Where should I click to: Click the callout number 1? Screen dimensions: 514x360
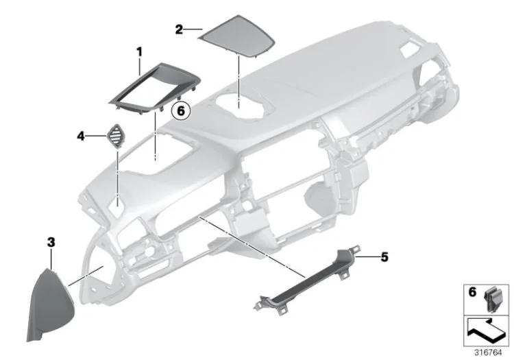(140, 52)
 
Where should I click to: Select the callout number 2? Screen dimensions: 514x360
(179, 30)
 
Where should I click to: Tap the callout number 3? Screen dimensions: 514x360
(51, 243)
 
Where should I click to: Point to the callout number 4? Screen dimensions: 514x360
(81, 136)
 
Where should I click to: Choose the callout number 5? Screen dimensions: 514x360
(384, 257)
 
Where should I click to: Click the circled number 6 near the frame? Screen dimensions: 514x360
(181, 110)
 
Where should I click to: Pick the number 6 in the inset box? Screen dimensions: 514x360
(472, 292)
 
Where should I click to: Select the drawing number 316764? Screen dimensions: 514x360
(488, 352)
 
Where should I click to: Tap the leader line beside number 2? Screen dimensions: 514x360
(193, 29)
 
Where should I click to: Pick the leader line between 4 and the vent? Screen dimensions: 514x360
(95, 136)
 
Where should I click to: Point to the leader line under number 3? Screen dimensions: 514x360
(51, 259)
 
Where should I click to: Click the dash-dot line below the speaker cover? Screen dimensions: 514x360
(239, 82)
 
